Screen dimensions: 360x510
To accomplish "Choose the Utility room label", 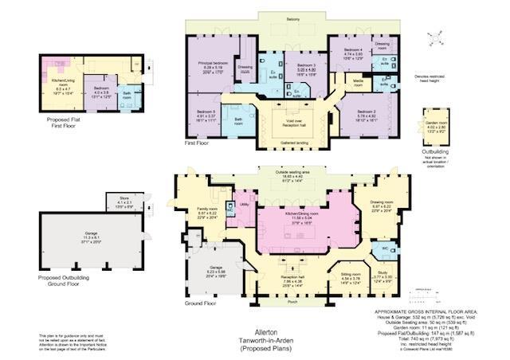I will click(x=244, y=205).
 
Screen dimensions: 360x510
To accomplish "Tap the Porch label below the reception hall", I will click(x=290, y=302).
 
